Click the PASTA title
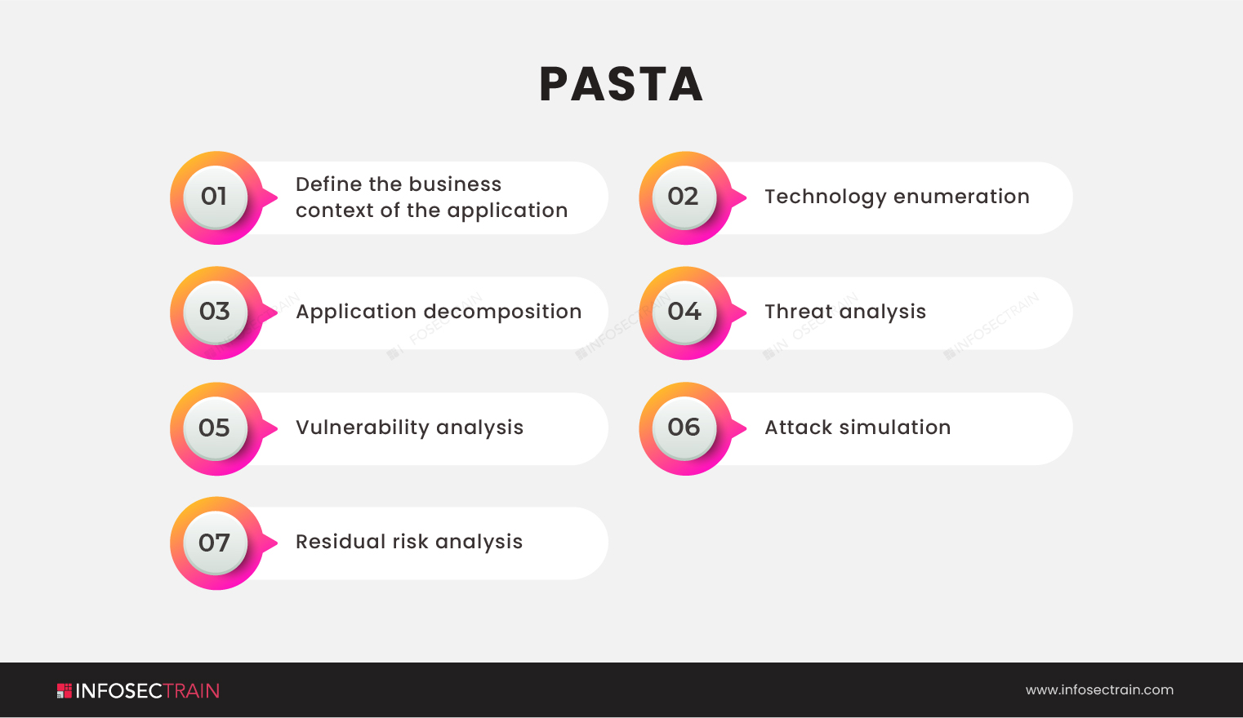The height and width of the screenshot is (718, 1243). click(x=621, y=84)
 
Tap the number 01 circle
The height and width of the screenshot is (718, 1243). click(x=216, y=197)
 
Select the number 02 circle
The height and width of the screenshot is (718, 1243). click(x=684, y=197)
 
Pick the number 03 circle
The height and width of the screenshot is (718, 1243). click(x=216, y=312)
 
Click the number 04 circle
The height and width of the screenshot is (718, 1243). click(x=684, y=312)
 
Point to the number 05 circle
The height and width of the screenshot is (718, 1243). click(x=216, y=428)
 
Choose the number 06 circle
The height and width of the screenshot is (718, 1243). click(x=684, y=428)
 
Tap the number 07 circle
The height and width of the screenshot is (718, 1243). click(x=216, y=543)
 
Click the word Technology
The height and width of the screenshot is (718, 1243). click(x=826, y=197)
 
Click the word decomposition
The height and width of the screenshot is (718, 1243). click(x=503, y=312)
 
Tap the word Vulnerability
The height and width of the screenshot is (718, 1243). click(x=363, y=428)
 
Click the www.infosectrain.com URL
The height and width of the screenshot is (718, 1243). click(x=1099, y=689)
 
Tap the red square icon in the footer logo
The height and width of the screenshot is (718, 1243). click(x=65, y=691)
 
